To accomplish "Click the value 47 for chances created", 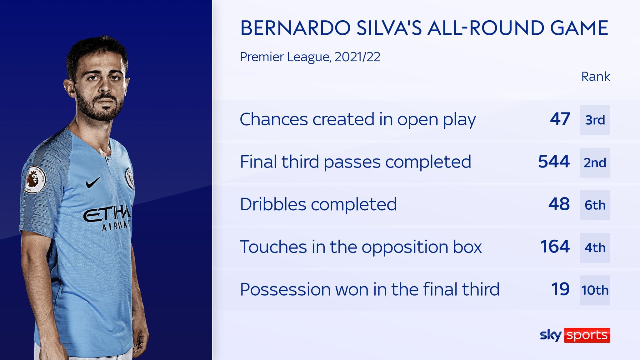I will pyautogui.click(x=560, y=119).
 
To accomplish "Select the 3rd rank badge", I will pyautogui.click(x=595, y=120).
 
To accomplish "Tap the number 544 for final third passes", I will pyautogui.click(x=554, y=162).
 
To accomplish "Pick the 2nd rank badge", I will pyautogui.click(x=595, y=162).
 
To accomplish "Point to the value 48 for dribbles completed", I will pyautogui.click(x=559, y=204).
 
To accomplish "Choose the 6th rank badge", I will pyautogui.click(x=595, y=205).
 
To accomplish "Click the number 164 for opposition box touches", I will pyautogui.click(x=555, y=247).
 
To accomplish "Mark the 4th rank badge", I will pyautogui.click(x=595, y=247).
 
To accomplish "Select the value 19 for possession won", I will pyautogui.click(x=560, y=289).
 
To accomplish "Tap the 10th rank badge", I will pyautogui.click(x=595, y=290).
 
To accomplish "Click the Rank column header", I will pyautogui.click(x=595, y=77).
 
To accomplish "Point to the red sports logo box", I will pyautogui.click(x=587, y=335).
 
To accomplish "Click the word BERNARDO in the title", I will pyautogui.click(x=295, y=28).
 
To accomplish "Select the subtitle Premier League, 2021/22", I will pyautogui.click(x=310, y=57).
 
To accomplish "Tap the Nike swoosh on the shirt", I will pyautogui.click(x=93, y=182).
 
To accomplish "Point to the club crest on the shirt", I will pyautogui.click(x=130, y=178).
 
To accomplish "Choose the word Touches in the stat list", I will pyautogui.click(x=273, y=247).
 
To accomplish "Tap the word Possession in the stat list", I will pyautogui.click(x=285, y=289).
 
